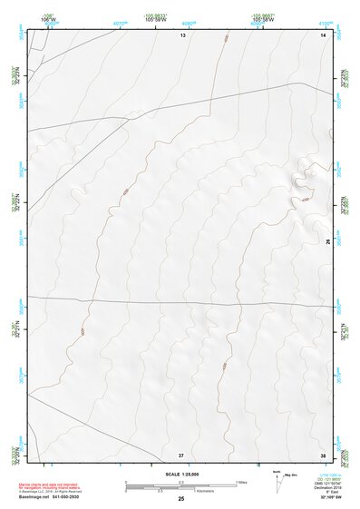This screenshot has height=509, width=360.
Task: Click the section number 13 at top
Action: point(182,34)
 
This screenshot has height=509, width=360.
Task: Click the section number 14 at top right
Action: point(322,34)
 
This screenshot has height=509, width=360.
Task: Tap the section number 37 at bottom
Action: point(181,455)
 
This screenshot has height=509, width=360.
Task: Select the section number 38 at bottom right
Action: point(322,455)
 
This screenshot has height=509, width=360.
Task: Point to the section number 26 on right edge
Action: point(327,241)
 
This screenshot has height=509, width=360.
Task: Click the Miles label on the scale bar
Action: point(242,481)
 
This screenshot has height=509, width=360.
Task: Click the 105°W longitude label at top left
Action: point(48,20)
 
